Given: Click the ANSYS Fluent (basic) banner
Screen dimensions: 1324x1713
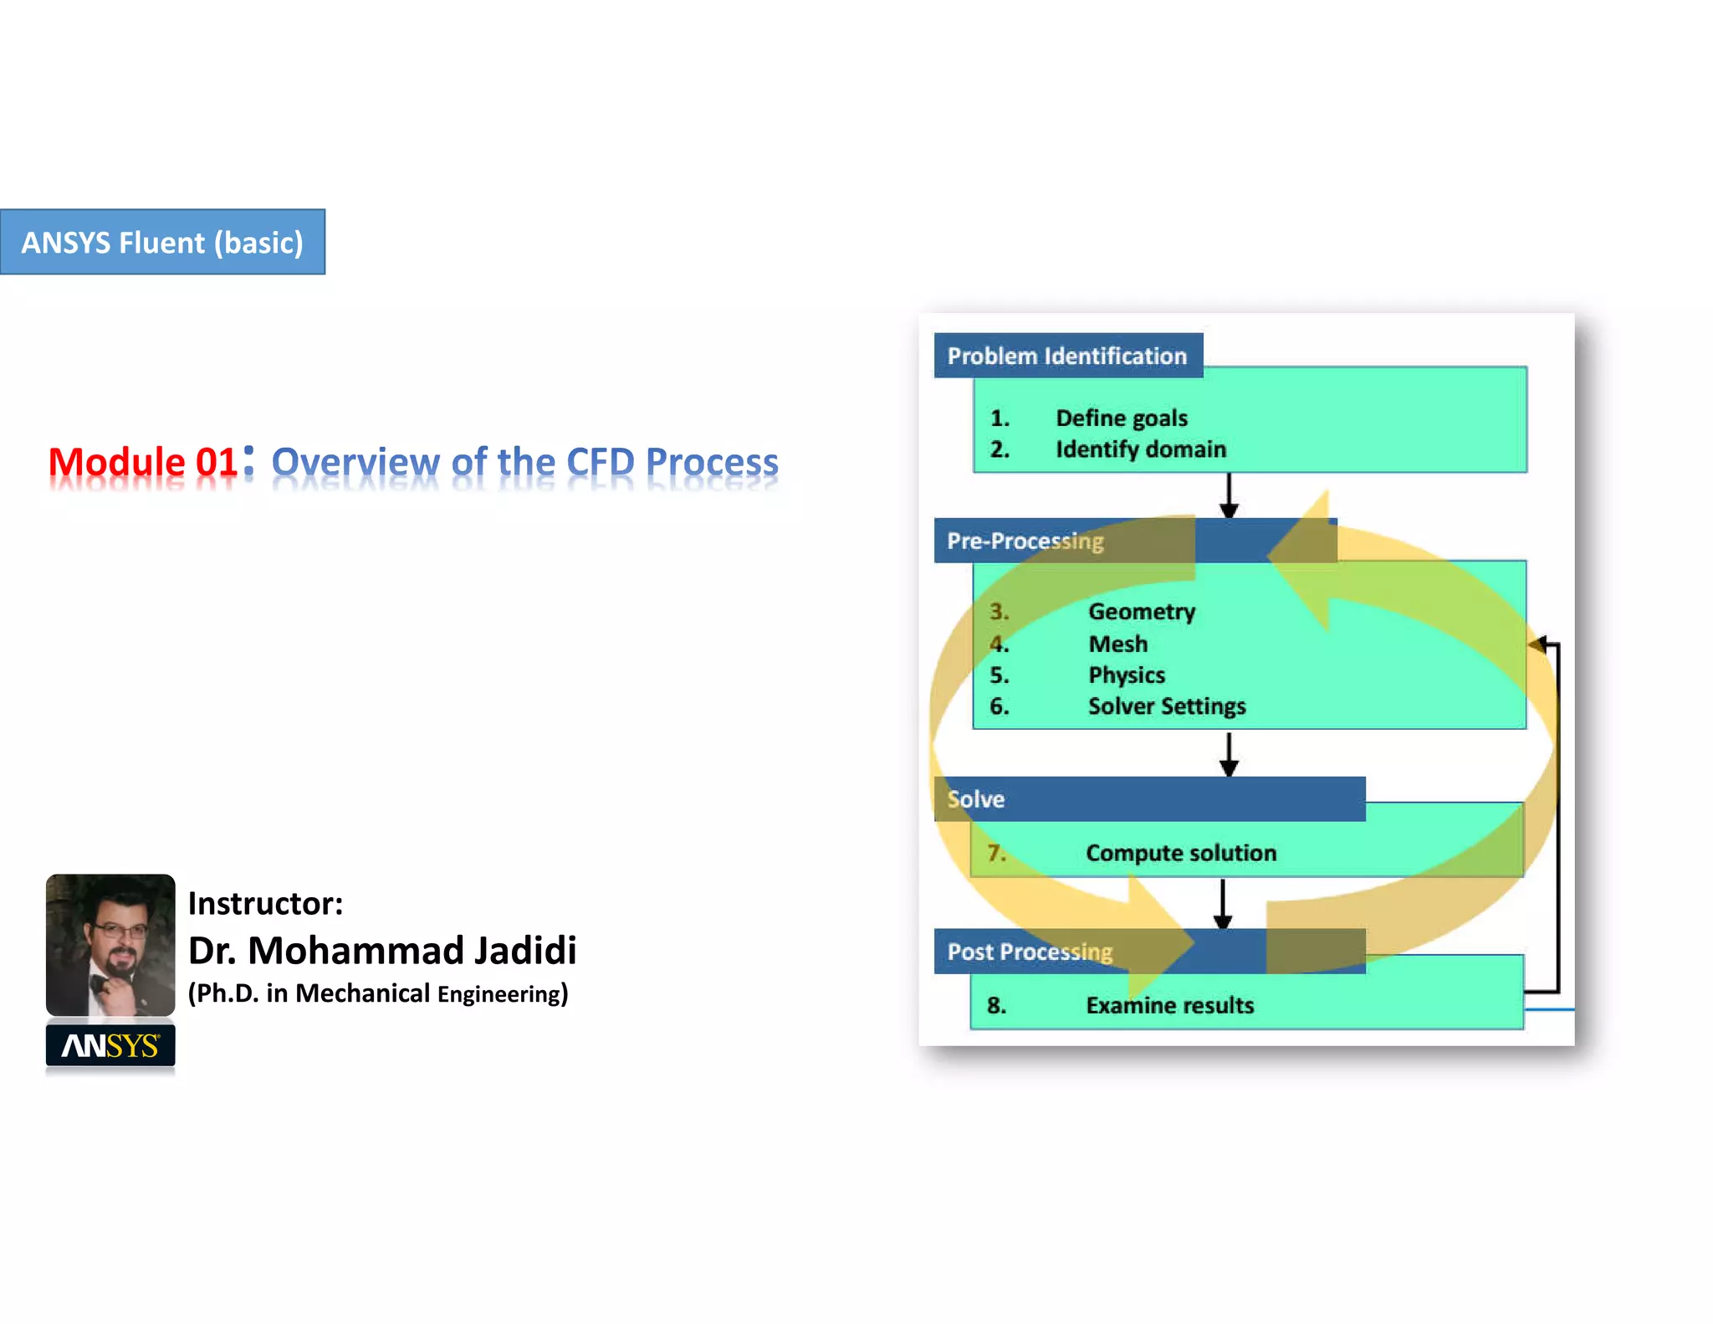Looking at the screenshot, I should pyautogui.click(x=162, y=242).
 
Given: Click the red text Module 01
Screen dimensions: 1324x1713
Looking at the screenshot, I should pyautogui.click(x=143, y=462).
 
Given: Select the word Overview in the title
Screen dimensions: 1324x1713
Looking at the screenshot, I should pyautogui.click(x=355, y=462).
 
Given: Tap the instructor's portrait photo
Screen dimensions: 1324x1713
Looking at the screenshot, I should pyautogui.click(x=110, y=944).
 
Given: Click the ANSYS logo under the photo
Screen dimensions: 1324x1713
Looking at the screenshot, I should pyautogui.click(x=110, y=1045).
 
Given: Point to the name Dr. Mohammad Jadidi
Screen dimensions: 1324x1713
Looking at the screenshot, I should pyautogui.click(x=382, y=951).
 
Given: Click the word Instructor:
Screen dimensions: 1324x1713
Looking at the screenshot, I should pyautogui.click(x=265, y=904).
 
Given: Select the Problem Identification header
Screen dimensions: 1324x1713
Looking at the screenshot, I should pyautogui.click(x=1067, y=356).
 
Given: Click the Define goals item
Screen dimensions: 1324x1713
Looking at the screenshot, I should pyautogui.click(x=1121, y=418).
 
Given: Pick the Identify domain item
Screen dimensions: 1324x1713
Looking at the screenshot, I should pyautogui.click(x=1140, y=449).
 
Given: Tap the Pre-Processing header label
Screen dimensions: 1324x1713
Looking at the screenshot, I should pyautogui.click(x=1025, y=541).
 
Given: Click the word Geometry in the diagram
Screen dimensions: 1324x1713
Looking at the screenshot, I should pyautogui.click(x=1141, y=612).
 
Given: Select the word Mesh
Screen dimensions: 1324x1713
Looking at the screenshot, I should pyautogui.click(x=1117, y=644).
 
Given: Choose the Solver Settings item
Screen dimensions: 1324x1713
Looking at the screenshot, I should pyautogui.click(x=1166, y=706).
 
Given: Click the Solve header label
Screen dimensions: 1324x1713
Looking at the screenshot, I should pyautogui.click(x=975, y=799).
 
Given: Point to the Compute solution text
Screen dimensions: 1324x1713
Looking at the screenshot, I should pyautogui.click(x=1180, y=853).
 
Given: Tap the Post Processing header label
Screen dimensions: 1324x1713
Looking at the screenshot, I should pyautogui.click(x=1030, y=952).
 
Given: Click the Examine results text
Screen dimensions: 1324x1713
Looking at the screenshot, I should pyautogui.click(x=1169, y=1005).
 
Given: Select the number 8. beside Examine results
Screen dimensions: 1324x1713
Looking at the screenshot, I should pyautogui.click(x=996, y=1005).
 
